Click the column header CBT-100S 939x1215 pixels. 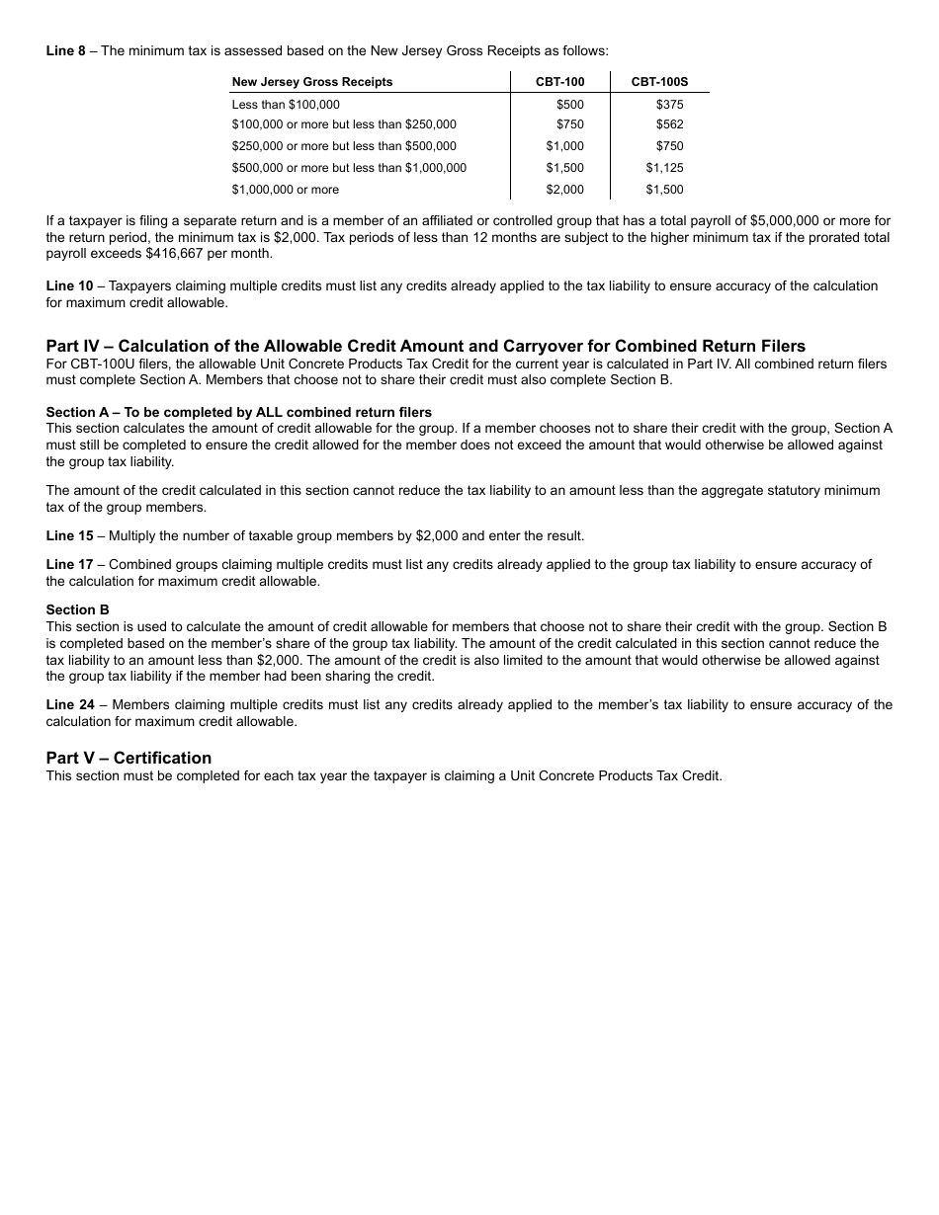pos(659,82)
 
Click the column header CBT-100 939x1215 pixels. pos(560,82)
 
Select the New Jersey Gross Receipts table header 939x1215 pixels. pos(312,82)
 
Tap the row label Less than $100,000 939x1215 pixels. pos(286,104)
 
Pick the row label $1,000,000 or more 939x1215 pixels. pos(286,190)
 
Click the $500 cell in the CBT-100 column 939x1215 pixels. pos(570,104)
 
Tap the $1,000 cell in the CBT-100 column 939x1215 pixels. pos(565,146)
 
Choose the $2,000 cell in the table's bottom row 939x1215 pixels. pos(565,190)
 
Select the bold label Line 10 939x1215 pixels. pos(69,285)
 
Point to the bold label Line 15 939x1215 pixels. pos(69,535)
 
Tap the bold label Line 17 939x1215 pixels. pos(69,564)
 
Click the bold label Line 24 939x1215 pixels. pos(69,704)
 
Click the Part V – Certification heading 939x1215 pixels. pos(128,758)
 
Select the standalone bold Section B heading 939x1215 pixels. pos(77,609)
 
